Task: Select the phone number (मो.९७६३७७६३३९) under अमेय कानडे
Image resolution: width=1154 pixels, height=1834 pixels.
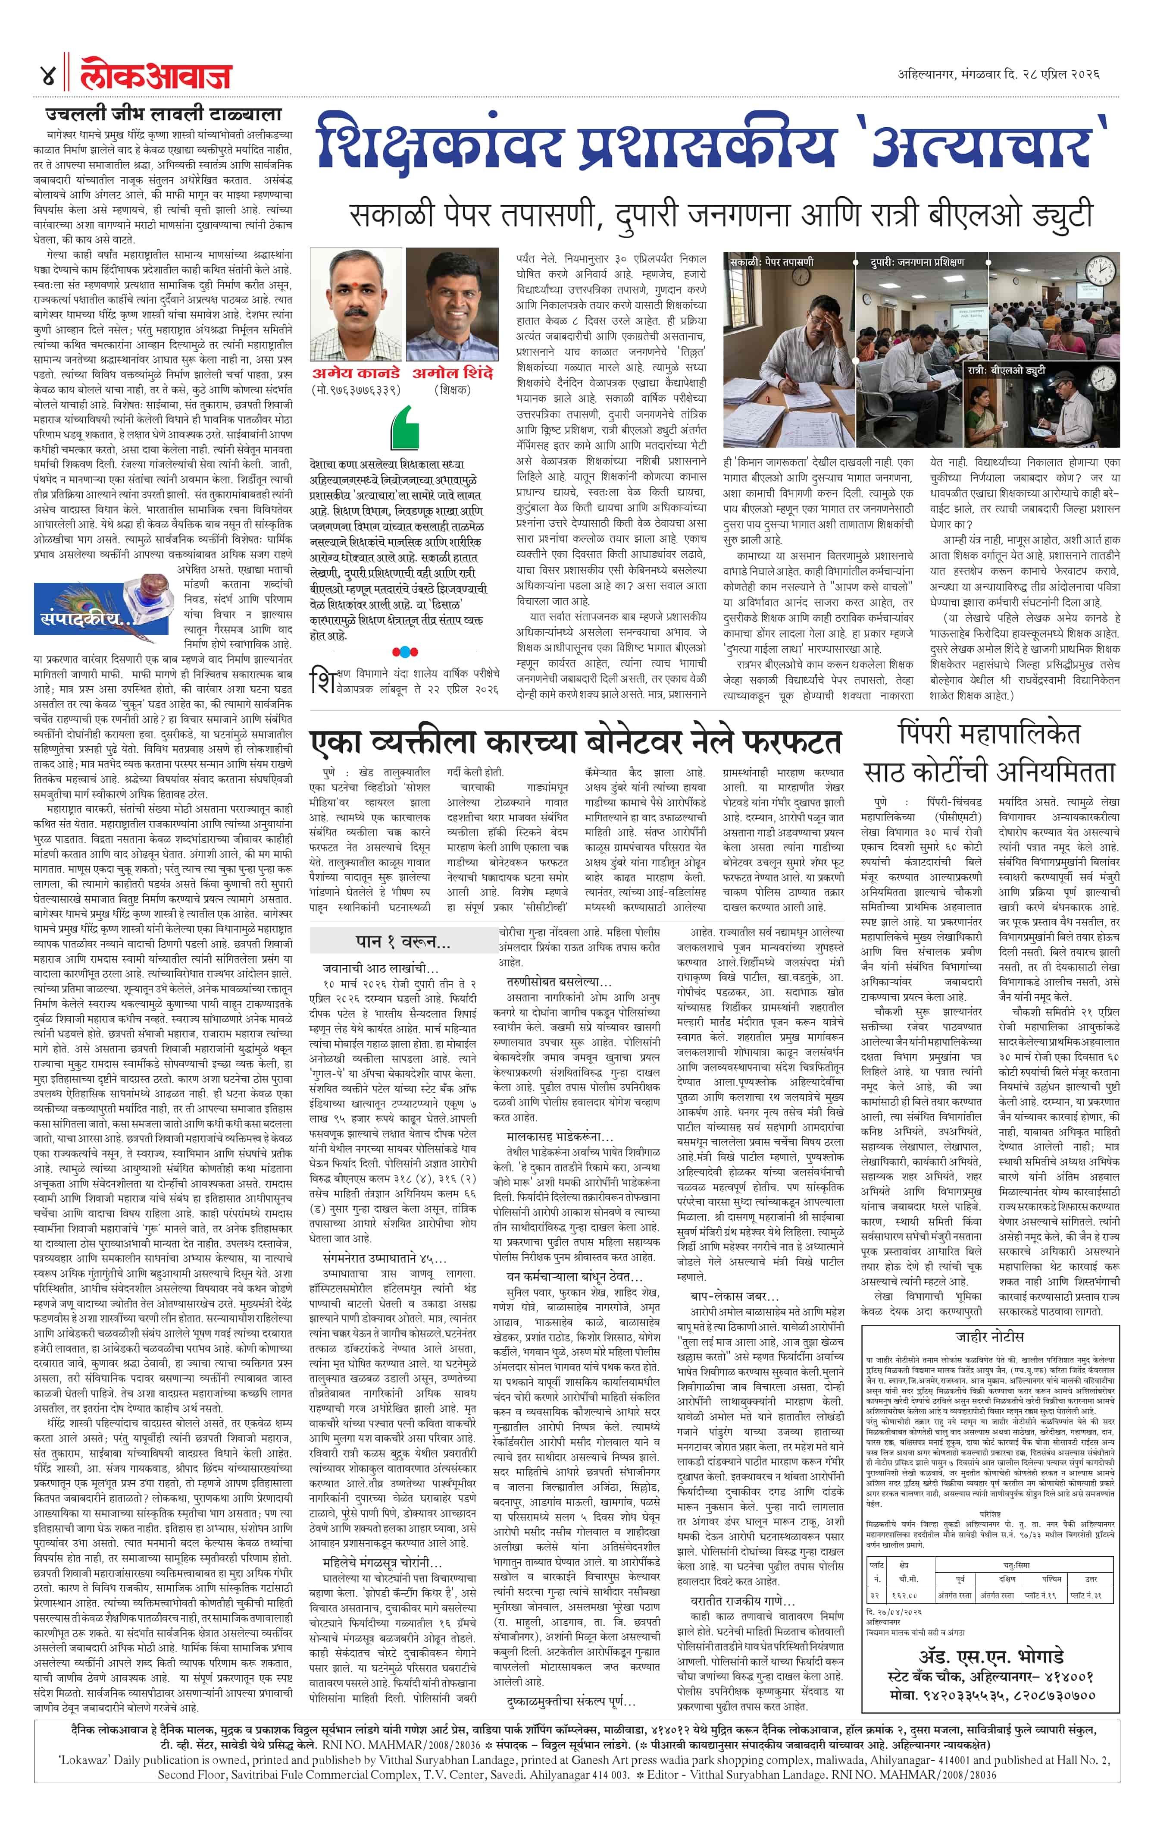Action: tap(356, 390)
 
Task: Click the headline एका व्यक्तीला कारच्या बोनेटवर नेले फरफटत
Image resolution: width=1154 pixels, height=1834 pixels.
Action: tap(575, 741)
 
